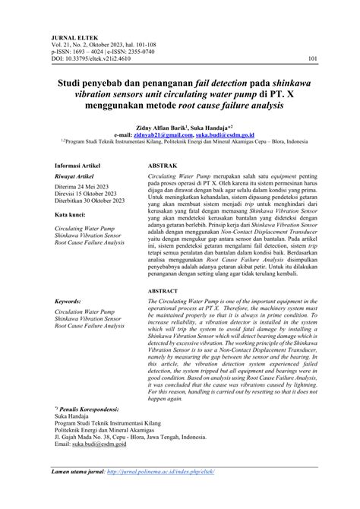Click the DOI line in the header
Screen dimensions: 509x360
click(92, 57)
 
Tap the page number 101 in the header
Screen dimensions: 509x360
click(312, 57)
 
